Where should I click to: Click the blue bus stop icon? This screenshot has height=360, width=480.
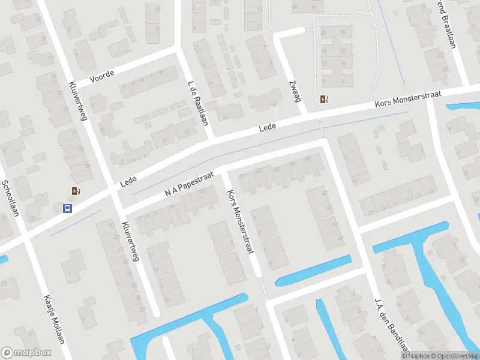pyautogui.click(x=68, y=209)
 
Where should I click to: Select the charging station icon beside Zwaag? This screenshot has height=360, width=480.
pyautogui.click(x=325, y=100)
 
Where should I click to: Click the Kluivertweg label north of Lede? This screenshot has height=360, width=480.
pyautogui.click(x=79, y=101)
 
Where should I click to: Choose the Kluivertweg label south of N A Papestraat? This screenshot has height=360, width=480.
pyautogui.click(x=130, y=242)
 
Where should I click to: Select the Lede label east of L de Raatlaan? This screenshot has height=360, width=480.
pyautogui.click(x=268, y=128)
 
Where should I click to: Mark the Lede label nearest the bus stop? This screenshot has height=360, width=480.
pyautogui.click(x=128, y=180)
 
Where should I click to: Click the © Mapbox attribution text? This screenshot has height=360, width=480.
pyautogui.click(x=415, y=355)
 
